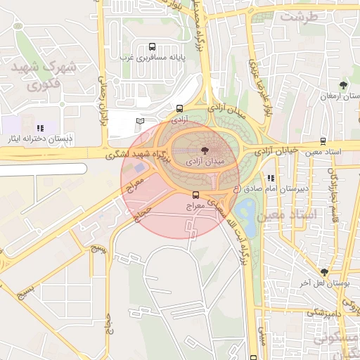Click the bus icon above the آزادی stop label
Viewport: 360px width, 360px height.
coord(180,109)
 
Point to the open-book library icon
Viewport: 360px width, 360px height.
coord(140,122)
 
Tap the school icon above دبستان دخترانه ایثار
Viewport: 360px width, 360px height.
coord(40,128)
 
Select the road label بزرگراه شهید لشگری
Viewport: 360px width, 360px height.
coord(135,154)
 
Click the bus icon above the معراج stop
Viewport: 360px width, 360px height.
coord(195,195)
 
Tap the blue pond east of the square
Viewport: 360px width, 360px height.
coord(247,209)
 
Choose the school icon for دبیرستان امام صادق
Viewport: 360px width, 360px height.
coord(271,178)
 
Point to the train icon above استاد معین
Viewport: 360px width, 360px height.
coord(323,141)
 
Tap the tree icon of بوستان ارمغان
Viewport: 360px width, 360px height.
coord(343,86)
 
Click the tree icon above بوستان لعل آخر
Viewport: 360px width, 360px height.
coord(324,272)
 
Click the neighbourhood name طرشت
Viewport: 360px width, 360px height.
coord(302,15)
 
